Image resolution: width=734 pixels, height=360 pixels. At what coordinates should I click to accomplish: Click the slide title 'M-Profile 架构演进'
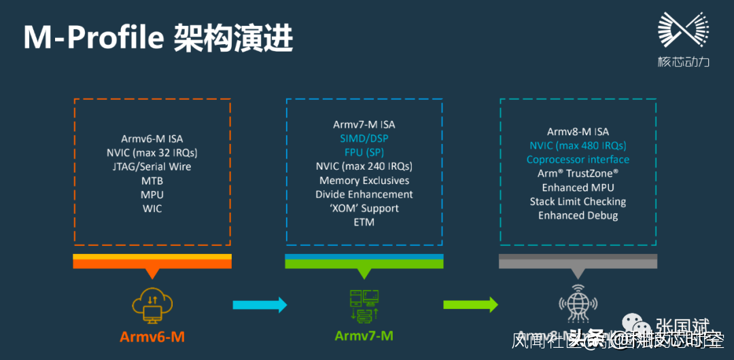click(158, 38)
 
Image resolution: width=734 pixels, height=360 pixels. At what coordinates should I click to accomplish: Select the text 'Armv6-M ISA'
click(152, 139)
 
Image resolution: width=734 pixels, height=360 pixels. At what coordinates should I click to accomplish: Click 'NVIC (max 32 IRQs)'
click(152, 153)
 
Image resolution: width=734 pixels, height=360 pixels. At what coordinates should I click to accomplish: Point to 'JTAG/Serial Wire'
click(152, 166)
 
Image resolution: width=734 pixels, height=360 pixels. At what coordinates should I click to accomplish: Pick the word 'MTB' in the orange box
click(152, 181)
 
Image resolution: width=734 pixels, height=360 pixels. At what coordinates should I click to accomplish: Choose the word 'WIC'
click(152, 209)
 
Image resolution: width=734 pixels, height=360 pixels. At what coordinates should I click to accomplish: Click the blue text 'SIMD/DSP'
click(364, 139)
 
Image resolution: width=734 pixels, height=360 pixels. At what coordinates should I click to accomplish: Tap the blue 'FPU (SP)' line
click(364, 152)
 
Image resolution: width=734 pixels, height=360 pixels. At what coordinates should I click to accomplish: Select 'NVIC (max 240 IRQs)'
click(364, 166)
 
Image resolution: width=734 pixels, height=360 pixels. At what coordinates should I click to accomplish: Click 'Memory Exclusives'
click(364, 181)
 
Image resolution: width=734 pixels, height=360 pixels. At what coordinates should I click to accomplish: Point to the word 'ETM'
click(364, 222)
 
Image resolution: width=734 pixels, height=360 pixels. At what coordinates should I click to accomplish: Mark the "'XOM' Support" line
click(364, 208)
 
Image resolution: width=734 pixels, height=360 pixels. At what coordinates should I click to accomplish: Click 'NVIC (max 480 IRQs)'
click(578, 145)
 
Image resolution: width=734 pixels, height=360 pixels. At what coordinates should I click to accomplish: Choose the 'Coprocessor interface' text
click(578, 160)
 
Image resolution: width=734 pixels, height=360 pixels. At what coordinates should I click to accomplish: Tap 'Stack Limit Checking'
click(578, 201)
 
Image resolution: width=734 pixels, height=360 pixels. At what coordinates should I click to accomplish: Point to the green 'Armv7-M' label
click(364, 336)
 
